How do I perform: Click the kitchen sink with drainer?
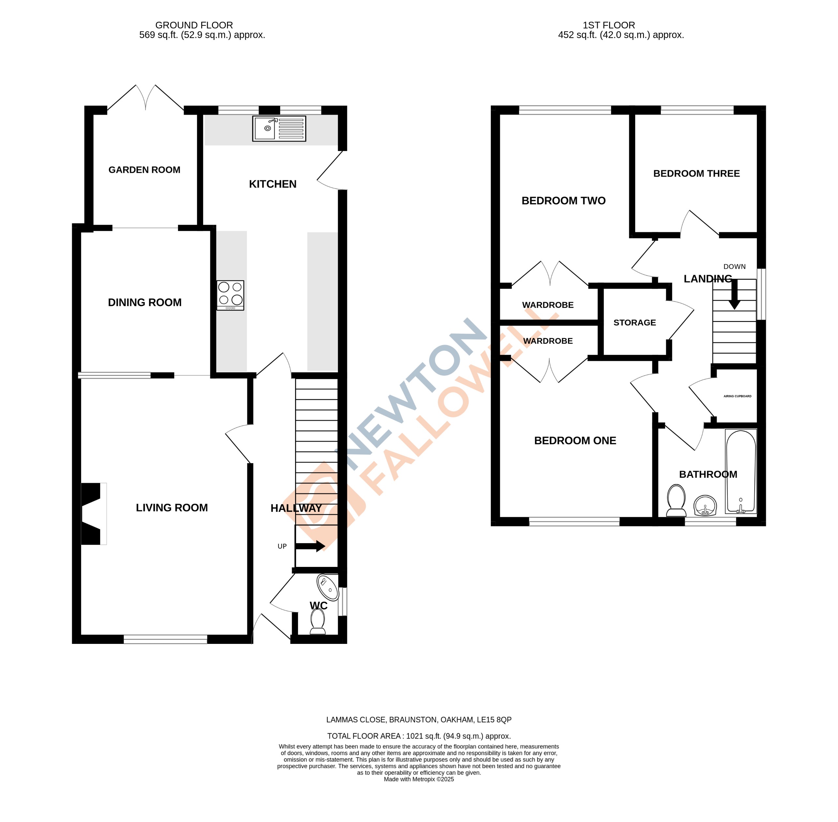pos(279,128)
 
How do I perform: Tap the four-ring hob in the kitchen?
pos(230,295)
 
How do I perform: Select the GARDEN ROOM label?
pos(144,170)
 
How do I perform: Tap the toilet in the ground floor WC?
pos(318,622)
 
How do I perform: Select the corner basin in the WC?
pos(328,587)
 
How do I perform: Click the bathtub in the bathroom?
pos(741,472)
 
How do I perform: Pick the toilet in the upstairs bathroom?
pos(676,500)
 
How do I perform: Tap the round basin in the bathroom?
pos(705,506)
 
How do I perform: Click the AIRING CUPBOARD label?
pos(737,396)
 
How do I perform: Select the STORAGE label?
pos(634,323)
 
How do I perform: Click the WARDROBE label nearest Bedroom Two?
pos(547,305)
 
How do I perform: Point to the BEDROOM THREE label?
pos(696,174)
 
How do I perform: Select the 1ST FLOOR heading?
pos(608,25)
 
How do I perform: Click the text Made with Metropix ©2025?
pos(419,779)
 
